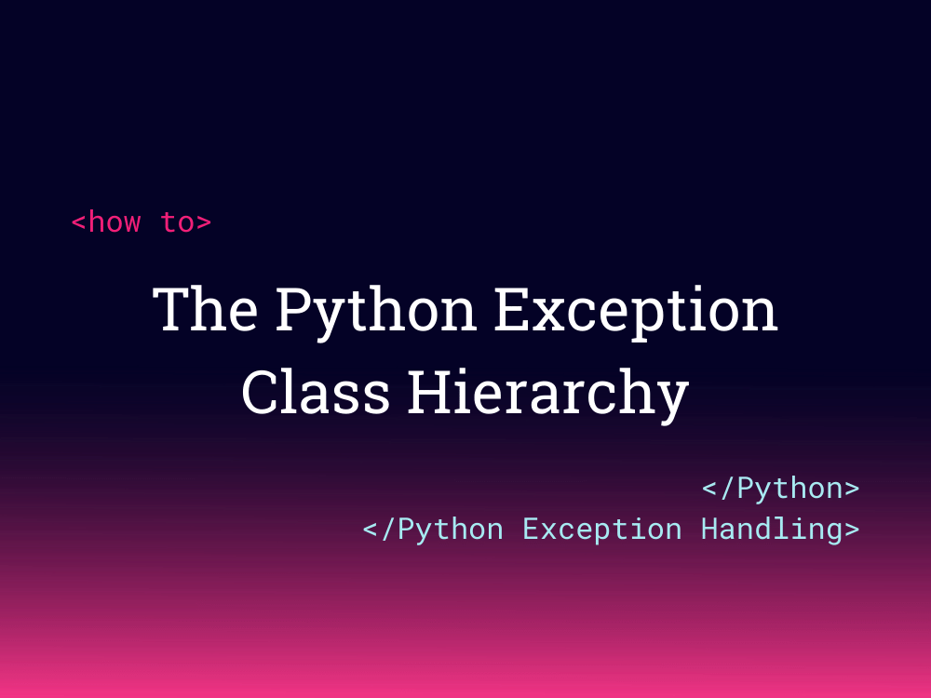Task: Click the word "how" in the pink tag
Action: click(115, 222)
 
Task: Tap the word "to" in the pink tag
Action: click(176, 222)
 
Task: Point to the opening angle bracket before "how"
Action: click(79, 223)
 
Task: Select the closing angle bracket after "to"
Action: click(204, 223)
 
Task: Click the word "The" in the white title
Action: click(206, 310)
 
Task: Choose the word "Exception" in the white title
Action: click(635, 312)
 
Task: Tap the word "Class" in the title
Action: click(316, 392)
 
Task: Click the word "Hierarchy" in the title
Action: click(547, 394)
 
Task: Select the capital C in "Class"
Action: click(260, 392)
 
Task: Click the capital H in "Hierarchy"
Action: click(427, 392)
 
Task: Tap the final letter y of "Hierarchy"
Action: click(672, 398)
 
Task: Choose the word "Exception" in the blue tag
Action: click(601, 530)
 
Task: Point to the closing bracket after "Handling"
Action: click(851, 530)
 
